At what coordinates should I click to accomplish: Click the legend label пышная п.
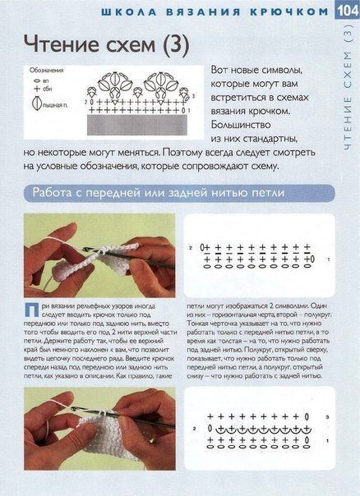(57, 105)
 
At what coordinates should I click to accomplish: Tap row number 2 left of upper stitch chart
(190, 247)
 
